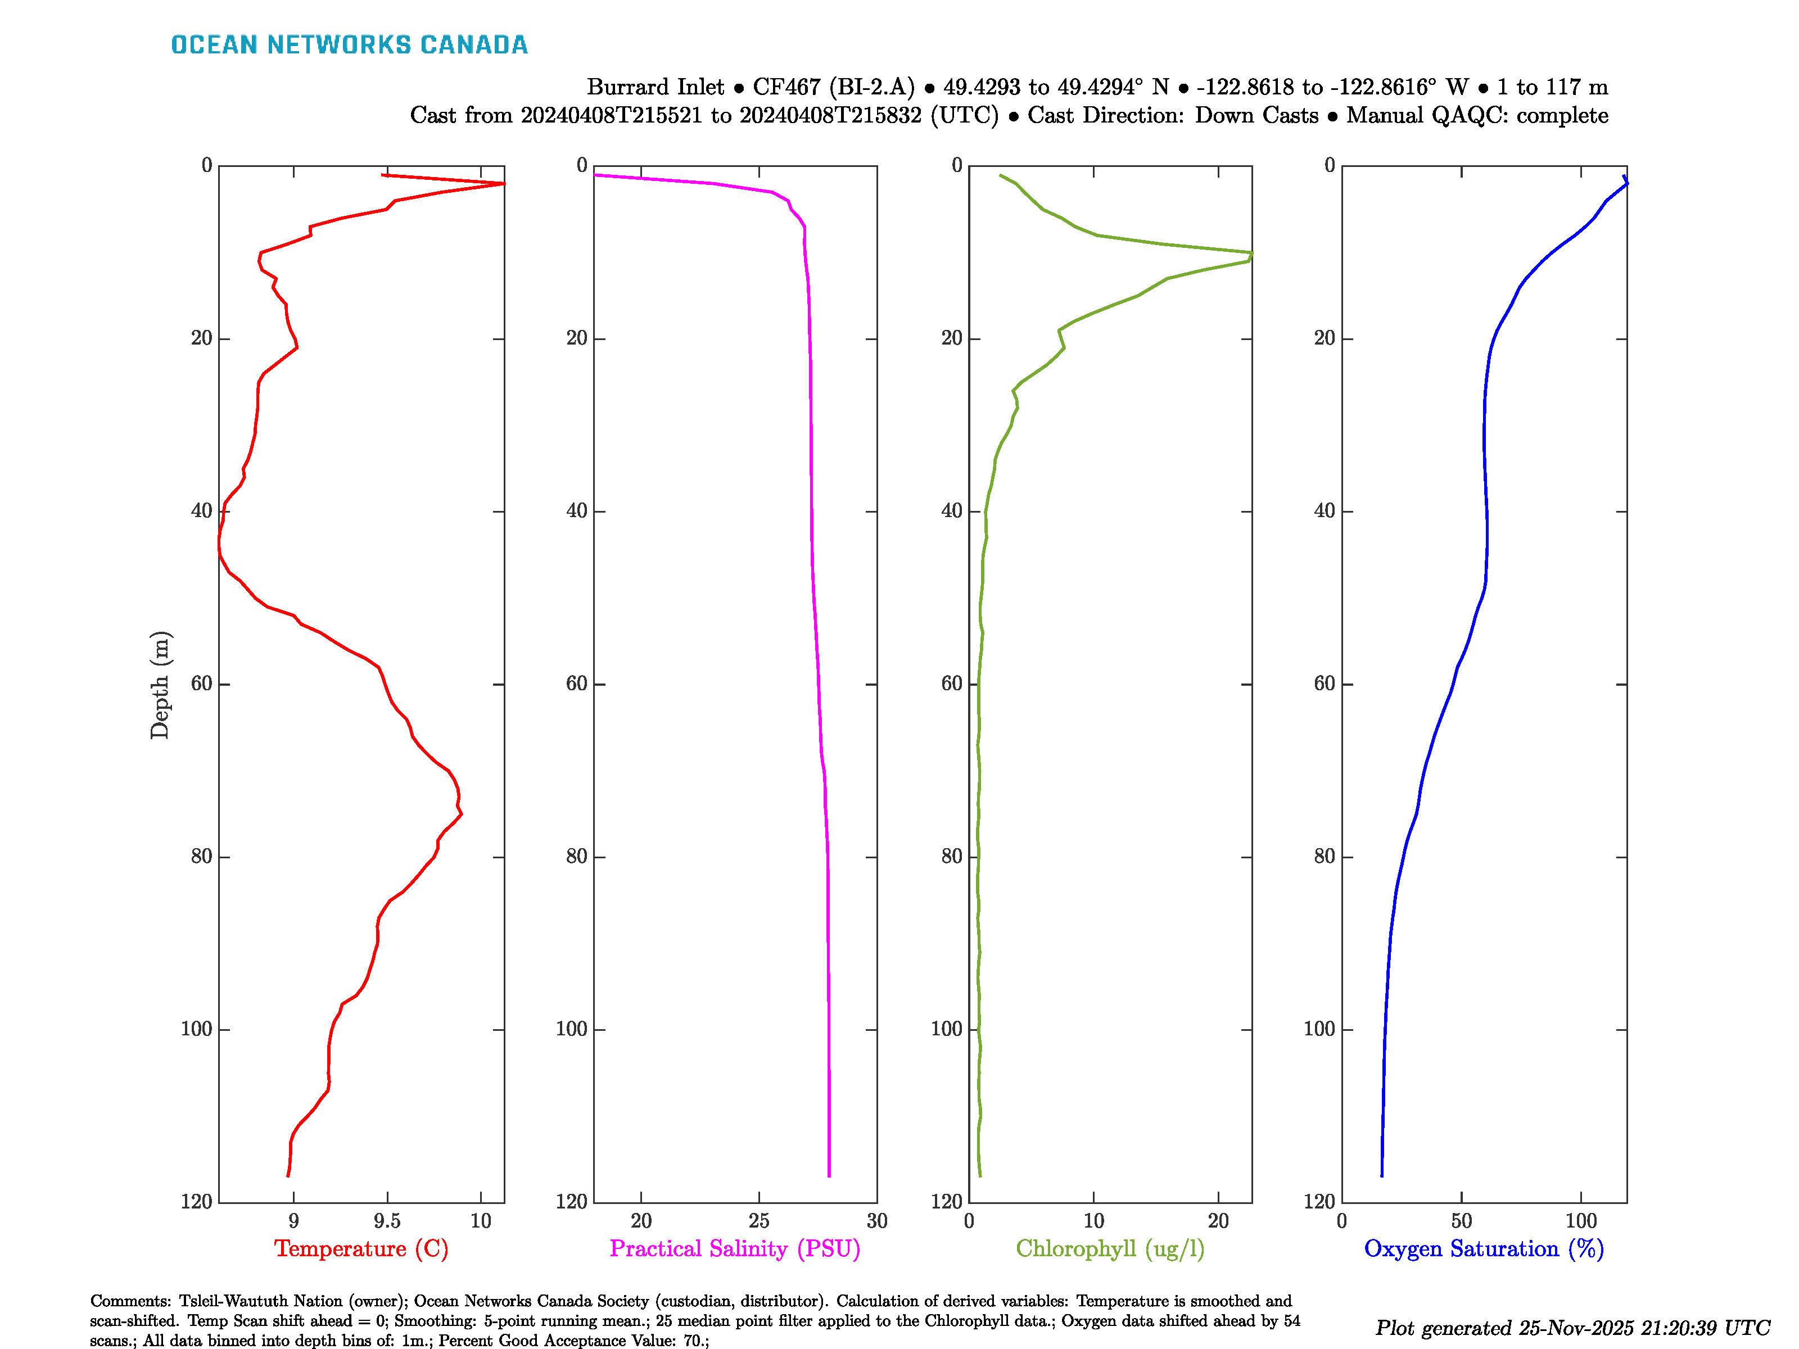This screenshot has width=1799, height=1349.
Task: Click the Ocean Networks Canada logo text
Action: [x=349, y=45]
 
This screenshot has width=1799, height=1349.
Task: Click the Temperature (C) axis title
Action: [x=361, y=1248]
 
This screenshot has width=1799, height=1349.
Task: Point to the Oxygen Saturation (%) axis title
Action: [x=1484, y=1248]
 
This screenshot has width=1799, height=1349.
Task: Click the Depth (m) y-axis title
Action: [x=160, y=685]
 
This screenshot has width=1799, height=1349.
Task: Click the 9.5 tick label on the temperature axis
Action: [x=387, y=1220]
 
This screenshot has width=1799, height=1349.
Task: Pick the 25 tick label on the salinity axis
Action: [x=759, y=1220]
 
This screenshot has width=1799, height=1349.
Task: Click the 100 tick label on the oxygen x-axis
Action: [x=1580, y=1220]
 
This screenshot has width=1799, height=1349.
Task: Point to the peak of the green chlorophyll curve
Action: [x=1251, y=253]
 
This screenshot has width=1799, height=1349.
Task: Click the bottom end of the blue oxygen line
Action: [x=1381, y=1175]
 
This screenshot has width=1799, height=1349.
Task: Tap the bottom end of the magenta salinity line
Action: [x=829, y=1175]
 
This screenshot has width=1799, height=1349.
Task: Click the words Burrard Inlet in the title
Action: [x=655, y=87]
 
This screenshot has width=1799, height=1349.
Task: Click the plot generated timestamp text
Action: [x=1572, y=1328]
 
